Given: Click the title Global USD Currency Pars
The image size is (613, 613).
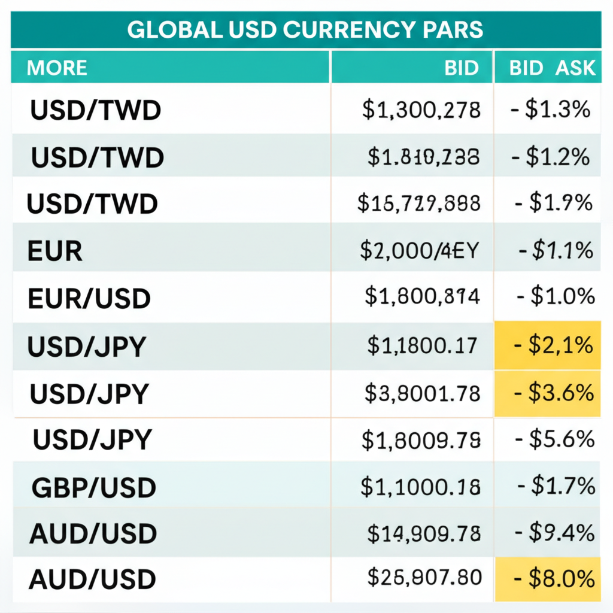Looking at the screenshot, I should pos(305,30).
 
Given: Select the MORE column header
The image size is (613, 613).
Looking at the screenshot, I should pos(57,68).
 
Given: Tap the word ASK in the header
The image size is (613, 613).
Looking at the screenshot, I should pos(575,68).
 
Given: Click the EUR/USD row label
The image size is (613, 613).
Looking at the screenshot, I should pos(89,298).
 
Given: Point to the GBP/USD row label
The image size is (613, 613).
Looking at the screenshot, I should pos(93,488).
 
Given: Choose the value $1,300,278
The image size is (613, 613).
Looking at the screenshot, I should pos(421,110).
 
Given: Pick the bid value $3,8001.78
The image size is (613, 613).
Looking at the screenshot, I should pos(422,393).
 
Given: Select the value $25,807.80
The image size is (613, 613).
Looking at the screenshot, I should pos(424,578).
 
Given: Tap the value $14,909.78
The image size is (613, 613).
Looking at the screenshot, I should pos(422,533).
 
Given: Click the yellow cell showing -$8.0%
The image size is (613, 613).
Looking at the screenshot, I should pos(548,579).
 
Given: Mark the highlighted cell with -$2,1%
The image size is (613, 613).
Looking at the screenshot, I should pos(548,345).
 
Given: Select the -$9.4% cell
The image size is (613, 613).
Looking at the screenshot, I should pos(554,532).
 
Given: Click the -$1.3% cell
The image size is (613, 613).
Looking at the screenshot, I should pos(551,110).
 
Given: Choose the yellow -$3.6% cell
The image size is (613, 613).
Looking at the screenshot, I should pos(548,393).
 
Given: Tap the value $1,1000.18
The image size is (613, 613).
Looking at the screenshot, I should pos(420,488).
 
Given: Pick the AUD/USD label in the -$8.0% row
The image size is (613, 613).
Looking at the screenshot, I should pos(92,579).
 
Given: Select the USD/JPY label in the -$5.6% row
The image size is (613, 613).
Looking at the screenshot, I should pos(92,441).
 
